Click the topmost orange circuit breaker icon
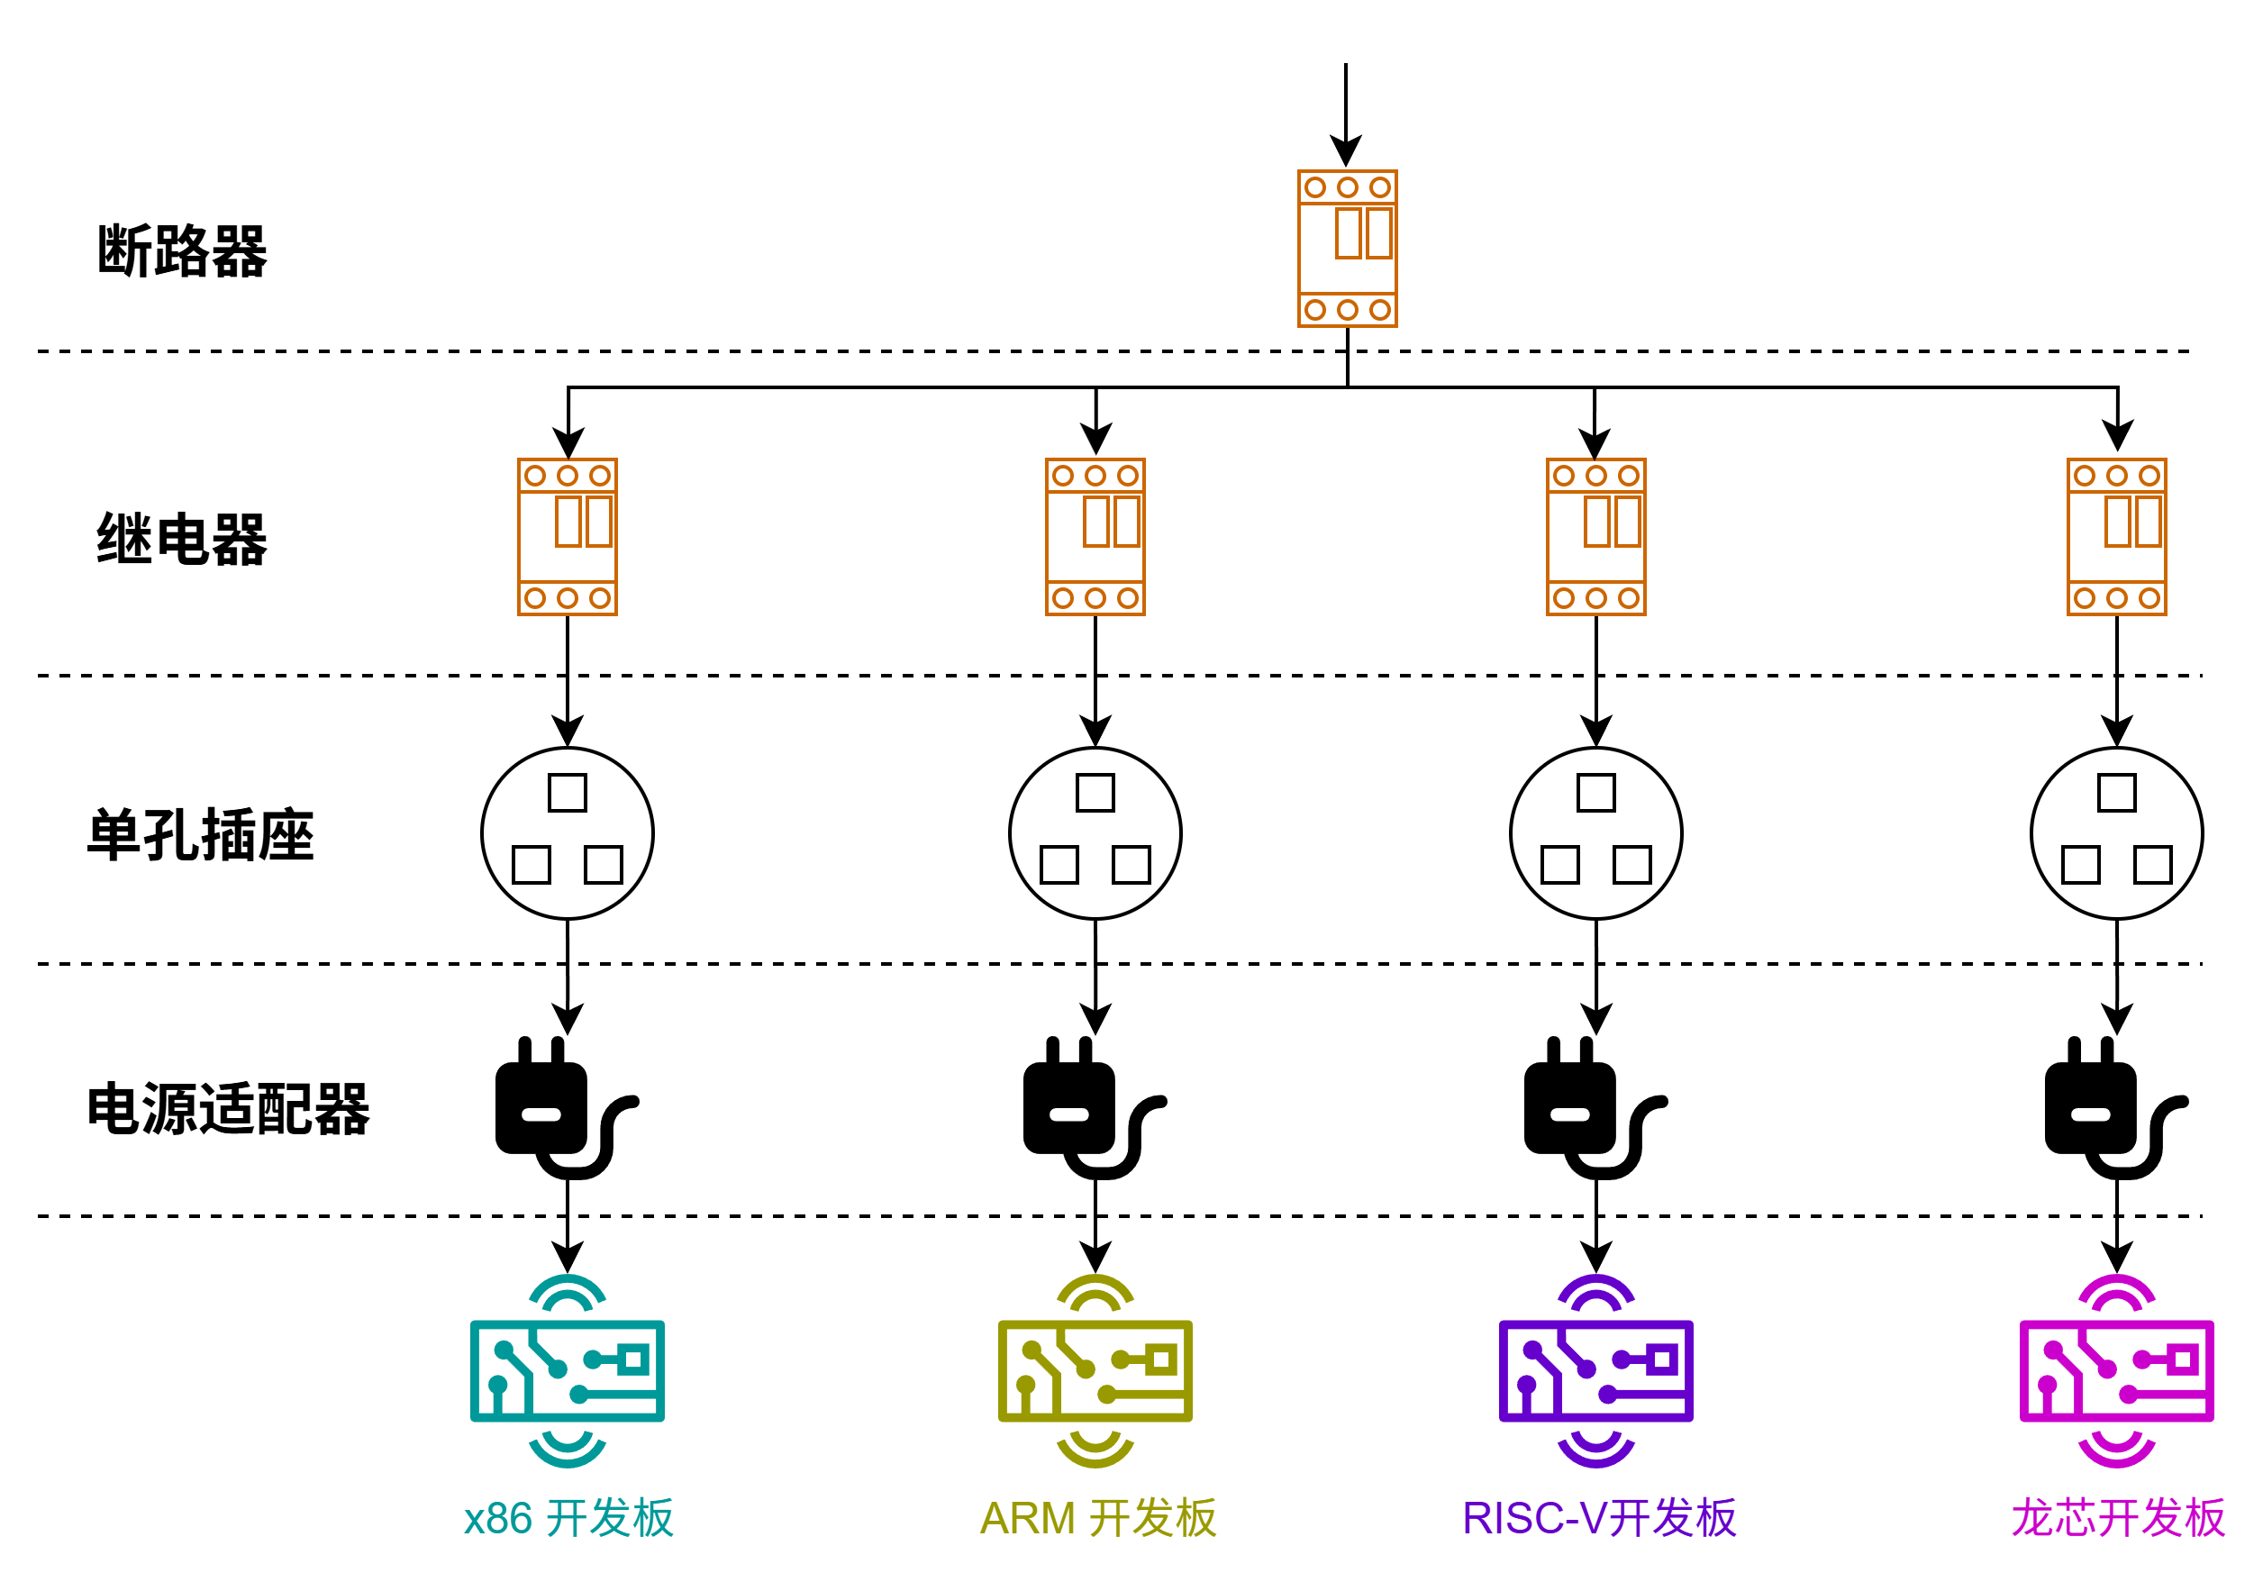click(1347, 249)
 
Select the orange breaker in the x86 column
click(567, 536)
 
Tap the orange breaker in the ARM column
click(1095, 536)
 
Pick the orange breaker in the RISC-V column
click(1595, 536)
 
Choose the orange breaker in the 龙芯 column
click(2116, 536)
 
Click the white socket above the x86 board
click(567, 832)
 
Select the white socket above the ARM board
click(1095, 832)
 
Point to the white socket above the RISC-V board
click(1595, 832)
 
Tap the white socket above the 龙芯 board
click(2116, 832)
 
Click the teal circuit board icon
click(567, 1370)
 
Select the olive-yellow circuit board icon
click(1095, 1370)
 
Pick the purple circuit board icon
click(1595, 1370)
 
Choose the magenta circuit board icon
click(2116, 1370)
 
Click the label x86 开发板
click(568, 1518)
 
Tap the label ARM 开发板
click(1098, 1518)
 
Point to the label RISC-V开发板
click(1599, 1518)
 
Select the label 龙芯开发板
click(2118, 1518)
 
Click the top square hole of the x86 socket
click(567, 793)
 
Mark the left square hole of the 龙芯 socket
click(2081, 865)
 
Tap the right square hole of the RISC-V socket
click(1632, 865)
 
